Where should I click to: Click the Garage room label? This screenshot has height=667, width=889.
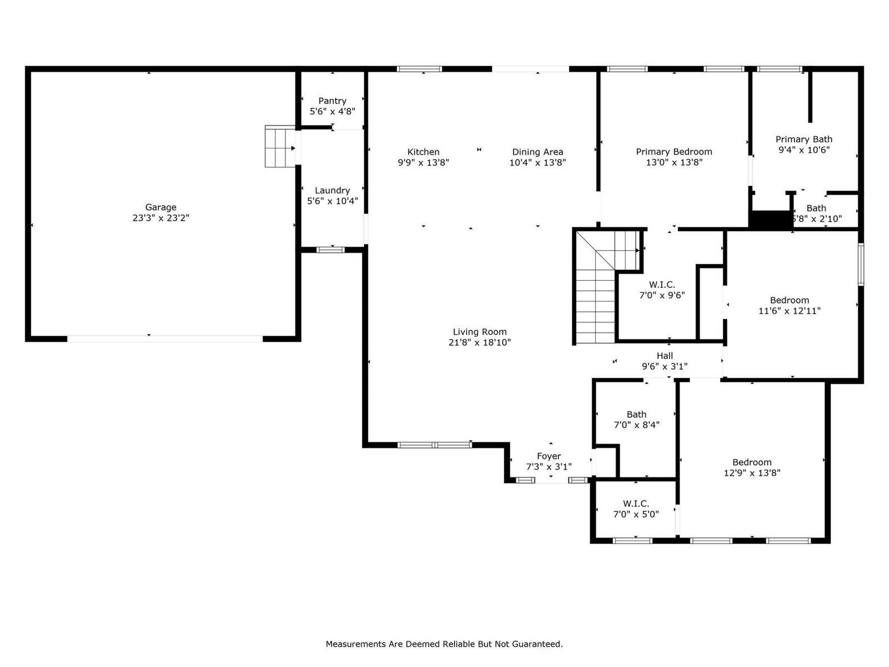[161, 207]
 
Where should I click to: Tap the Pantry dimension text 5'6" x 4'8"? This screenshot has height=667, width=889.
[332, 111]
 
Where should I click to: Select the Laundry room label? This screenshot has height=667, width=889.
[332, 190]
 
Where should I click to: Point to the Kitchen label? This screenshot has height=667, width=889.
[423, 152]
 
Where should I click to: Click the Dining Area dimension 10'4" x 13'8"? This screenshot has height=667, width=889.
[537, 162]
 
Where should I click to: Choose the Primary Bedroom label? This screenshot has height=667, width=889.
[674, 152]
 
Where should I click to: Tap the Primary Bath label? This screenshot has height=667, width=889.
[804, 140]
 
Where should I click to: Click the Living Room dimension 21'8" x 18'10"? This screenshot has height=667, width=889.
[480, 342]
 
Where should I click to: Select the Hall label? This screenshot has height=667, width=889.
[665, 356]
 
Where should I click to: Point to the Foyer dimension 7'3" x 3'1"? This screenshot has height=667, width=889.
[549, 466]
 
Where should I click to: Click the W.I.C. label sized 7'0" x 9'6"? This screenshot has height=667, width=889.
[662, 285]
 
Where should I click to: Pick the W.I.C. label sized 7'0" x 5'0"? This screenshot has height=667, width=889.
[636, 504]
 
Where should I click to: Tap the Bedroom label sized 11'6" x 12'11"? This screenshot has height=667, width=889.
[790, 300]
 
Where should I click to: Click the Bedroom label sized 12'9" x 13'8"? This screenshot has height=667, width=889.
[752, 462]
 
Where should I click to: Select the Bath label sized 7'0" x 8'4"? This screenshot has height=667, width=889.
[636, 414]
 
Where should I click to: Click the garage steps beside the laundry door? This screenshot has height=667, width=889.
[280, 146]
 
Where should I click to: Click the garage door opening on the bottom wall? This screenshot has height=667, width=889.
[165, 339]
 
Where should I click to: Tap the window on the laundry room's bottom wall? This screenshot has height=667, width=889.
[331, 250]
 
